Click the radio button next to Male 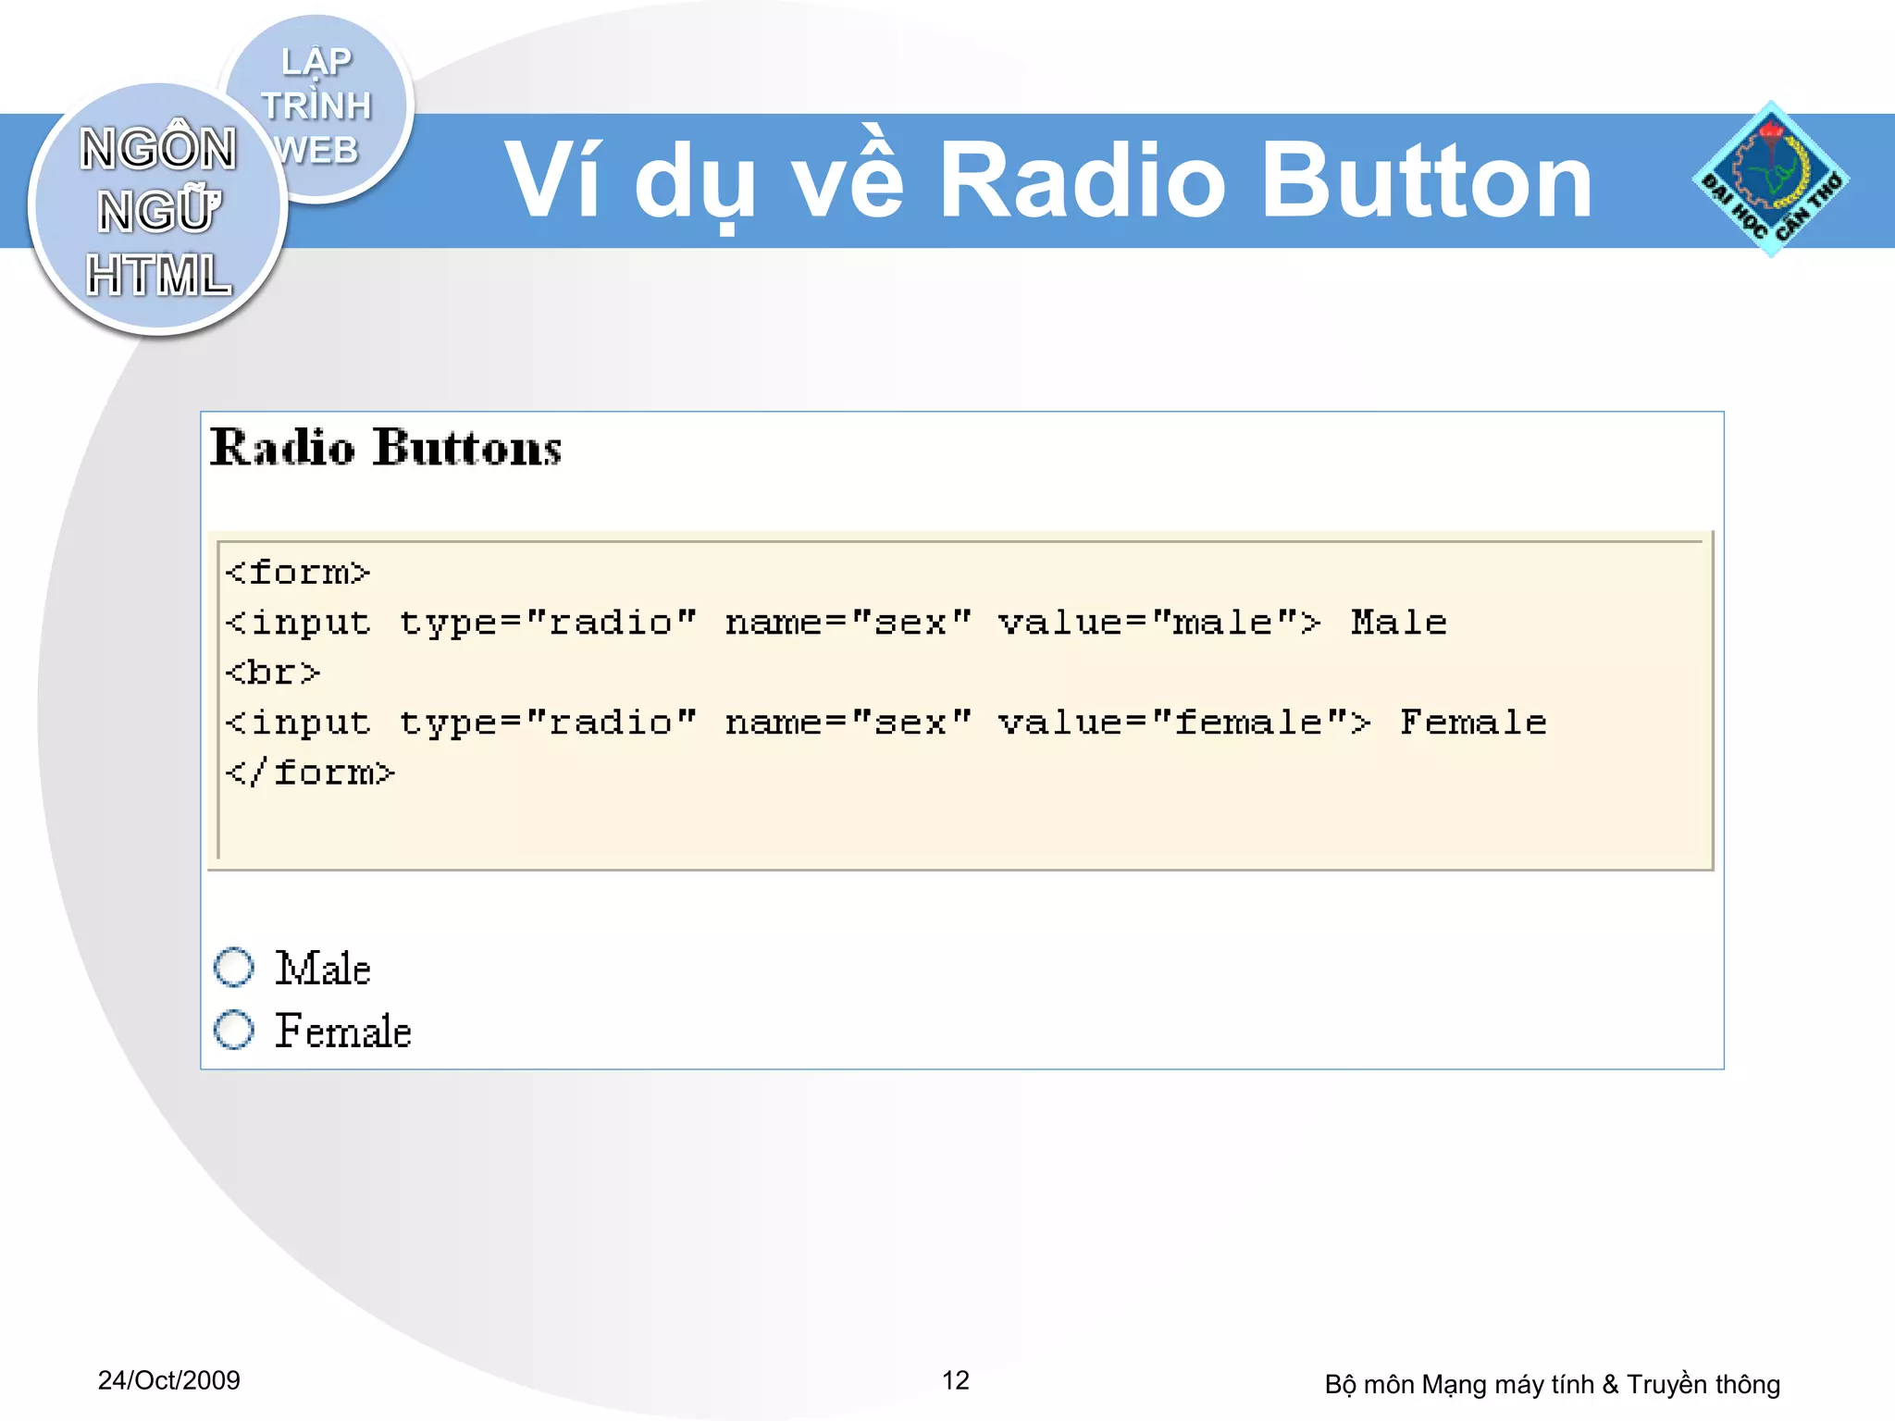coord(233,967)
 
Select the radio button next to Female coord(233,1030)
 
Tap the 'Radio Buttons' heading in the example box coord(385,448)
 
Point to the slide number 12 coord(955,1380)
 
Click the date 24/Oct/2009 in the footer coord(168,1380)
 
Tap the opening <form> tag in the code coord(297,573)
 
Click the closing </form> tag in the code coord(310,772)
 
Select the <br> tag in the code coord(272,673)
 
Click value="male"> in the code coord(1158,623)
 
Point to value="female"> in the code coord(1183,723)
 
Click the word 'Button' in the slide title coord(1426,181)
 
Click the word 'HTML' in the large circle coord(158,276)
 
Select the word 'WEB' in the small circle coord(316,150)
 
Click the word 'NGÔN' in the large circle coord(158,148)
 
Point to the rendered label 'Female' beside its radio coord(343,1032)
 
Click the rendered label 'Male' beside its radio coord(323,969)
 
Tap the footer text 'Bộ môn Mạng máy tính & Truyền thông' coord(1552,1384)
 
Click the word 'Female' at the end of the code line coord(1473,723)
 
